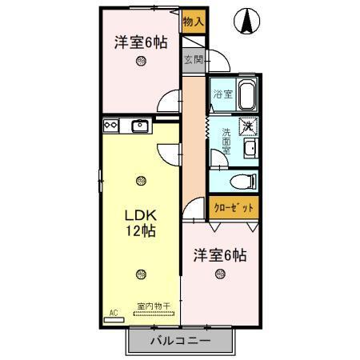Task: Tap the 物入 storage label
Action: click(192, 22)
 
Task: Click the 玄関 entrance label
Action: click(192, 58)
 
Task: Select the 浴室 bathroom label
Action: click(222, 94)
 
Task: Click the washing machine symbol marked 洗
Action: click(249, 126)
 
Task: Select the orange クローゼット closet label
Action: click(234, 207)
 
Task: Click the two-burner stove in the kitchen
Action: click(111, 124)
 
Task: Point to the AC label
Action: click(113, 312)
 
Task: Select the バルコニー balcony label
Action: click(181, 342)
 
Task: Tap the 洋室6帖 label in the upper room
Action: click(140, 42)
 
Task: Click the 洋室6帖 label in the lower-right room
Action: click(218, 255)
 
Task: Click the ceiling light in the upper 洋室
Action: click(141, 62)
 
